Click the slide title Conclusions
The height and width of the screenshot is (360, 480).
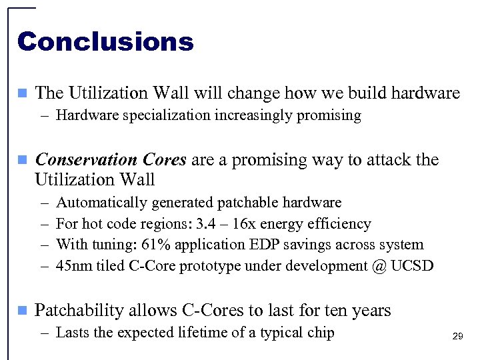click(x=105, y=42)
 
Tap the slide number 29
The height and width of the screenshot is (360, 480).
click(x=457, y=337)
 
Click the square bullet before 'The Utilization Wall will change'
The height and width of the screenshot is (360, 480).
click(x=22, y=93)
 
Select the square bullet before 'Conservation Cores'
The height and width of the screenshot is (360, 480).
click(x=22, y=160)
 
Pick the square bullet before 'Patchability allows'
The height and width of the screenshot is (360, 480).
click(x=22, y=311)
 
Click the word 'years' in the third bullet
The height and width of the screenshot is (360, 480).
click(x=368, y=311)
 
